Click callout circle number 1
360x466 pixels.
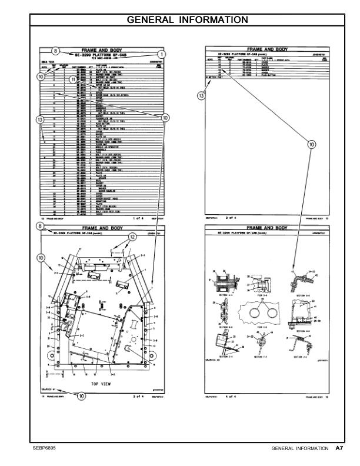pos(162,54)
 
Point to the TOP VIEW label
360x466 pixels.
pos(102,382)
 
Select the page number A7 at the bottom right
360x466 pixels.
pos(339,449)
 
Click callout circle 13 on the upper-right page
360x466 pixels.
pos(201,94)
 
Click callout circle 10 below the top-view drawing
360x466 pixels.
pos(81,397)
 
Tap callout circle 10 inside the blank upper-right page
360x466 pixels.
pos(310,142)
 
